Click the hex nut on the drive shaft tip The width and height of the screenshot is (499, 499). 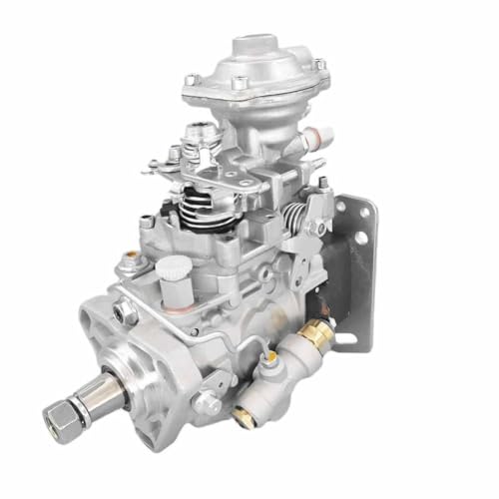[57, 413]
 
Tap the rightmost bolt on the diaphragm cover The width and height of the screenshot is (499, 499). [318, 65]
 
